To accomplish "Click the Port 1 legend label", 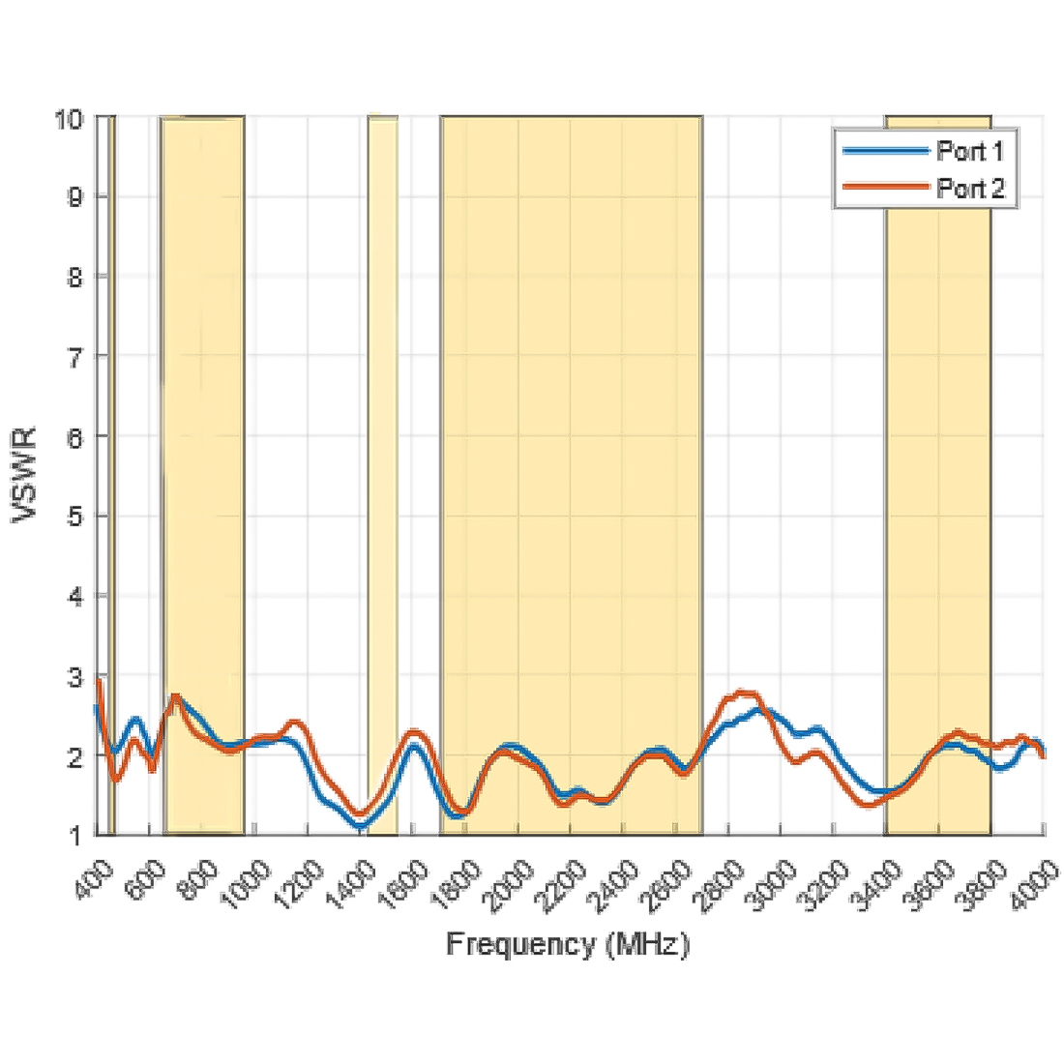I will pos(970,151).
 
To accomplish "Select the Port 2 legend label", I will pos(970,188).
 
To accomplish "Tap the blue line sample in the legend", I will pos(884,151).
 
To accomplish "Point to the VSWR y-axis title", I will pos(25,475).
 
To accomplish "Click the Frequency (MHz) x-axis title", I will pos(568,943).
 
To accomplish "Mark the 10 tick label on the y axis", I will pos(69,118).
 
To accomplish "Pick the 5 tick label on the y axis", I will pos(74,516).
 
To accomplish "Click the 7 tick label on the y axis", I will pos(74,356).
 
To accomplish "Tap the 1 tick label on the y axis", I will pos(74,835).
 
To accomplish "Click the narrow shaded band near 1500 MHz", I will pos(382,474).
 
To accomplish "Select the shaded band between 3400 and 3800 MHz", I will pos(938,474).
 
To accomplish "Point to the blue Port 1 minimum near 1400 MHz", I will pos(360,825).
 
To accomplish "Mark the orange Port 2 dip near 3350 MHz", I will pos(867,804).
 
